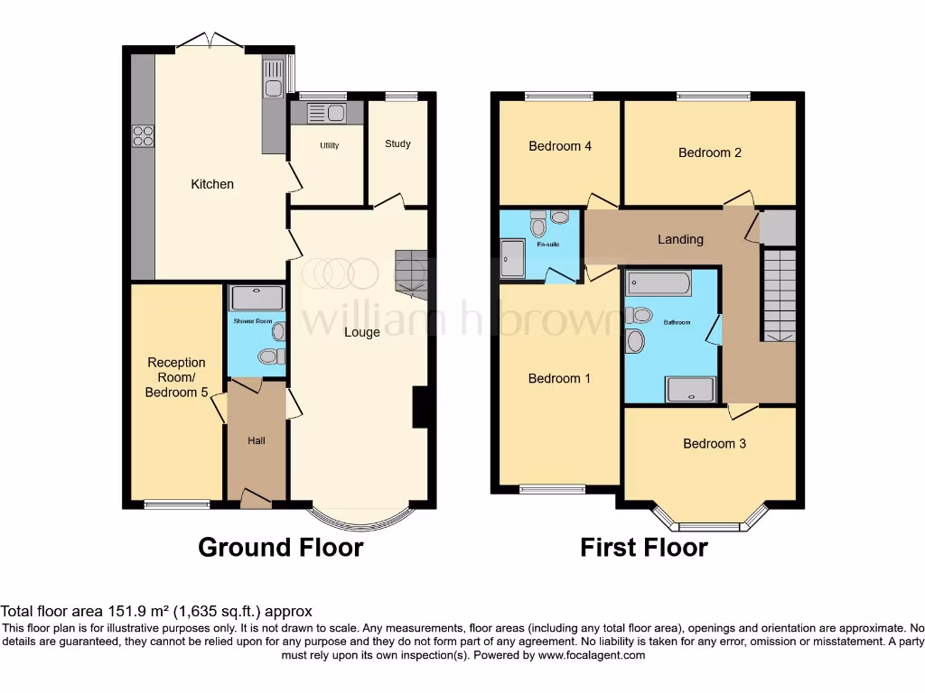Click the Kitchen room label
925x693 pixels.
click(x=212, y=184)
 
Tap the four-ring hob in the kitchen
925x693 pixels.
click(x=143, y=135)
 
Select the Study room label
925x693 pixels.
click(x=397, y=143)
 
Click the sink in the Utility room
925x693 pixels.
click(x=326, y=114)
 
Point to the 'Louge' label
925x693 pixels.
click(x=361, y=332)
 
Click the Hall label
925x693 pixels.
click(x=257, y=440)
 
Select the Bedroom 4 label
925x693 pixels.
click(x=560, y=146)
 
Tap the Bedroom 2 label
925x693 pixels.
click(x=710, y=152)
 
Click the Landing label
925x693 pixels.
click(x=680, y=239)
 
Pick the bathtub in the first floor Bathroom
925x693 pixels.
click(x=659, y=283)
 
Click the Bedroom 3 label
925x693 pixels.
click(x=715, y=443)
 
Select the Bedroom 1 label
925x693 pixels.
click(x=559, y=378)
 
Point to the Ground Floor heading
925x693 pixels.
click(x=280, y=548)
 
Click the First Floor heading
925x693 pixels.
click(x=644, y=548)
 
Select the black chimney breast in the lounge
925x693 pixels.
click(x=420, y=407)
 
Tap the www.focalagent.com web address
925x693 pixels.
click(x=592, y=655)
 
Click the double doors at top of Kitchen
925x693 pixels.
click(x=210, y=41)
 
